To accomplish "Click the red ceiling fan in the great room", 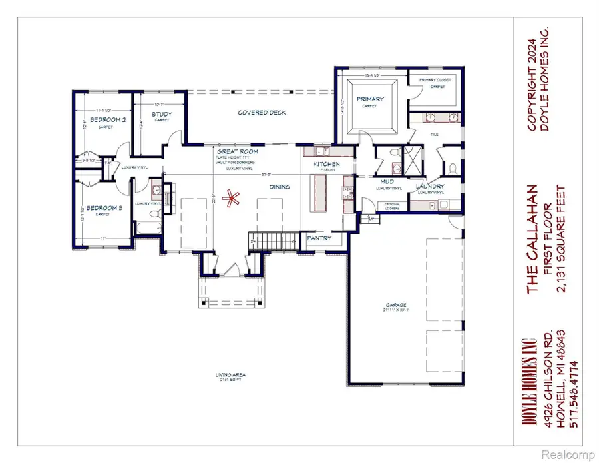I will (232, 197).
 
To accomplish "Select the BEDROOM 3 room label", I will (106, 208).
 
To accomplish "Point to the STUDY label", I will (162, 114).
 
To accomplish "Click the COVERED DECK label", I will (262, 113).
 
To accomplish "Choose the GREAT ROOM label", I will (237, 152).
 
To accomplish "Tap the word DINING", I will (280, 187).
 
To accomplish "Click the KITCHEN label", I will (327, 164).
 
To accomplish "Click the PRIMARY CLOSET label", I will (436, 80).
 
